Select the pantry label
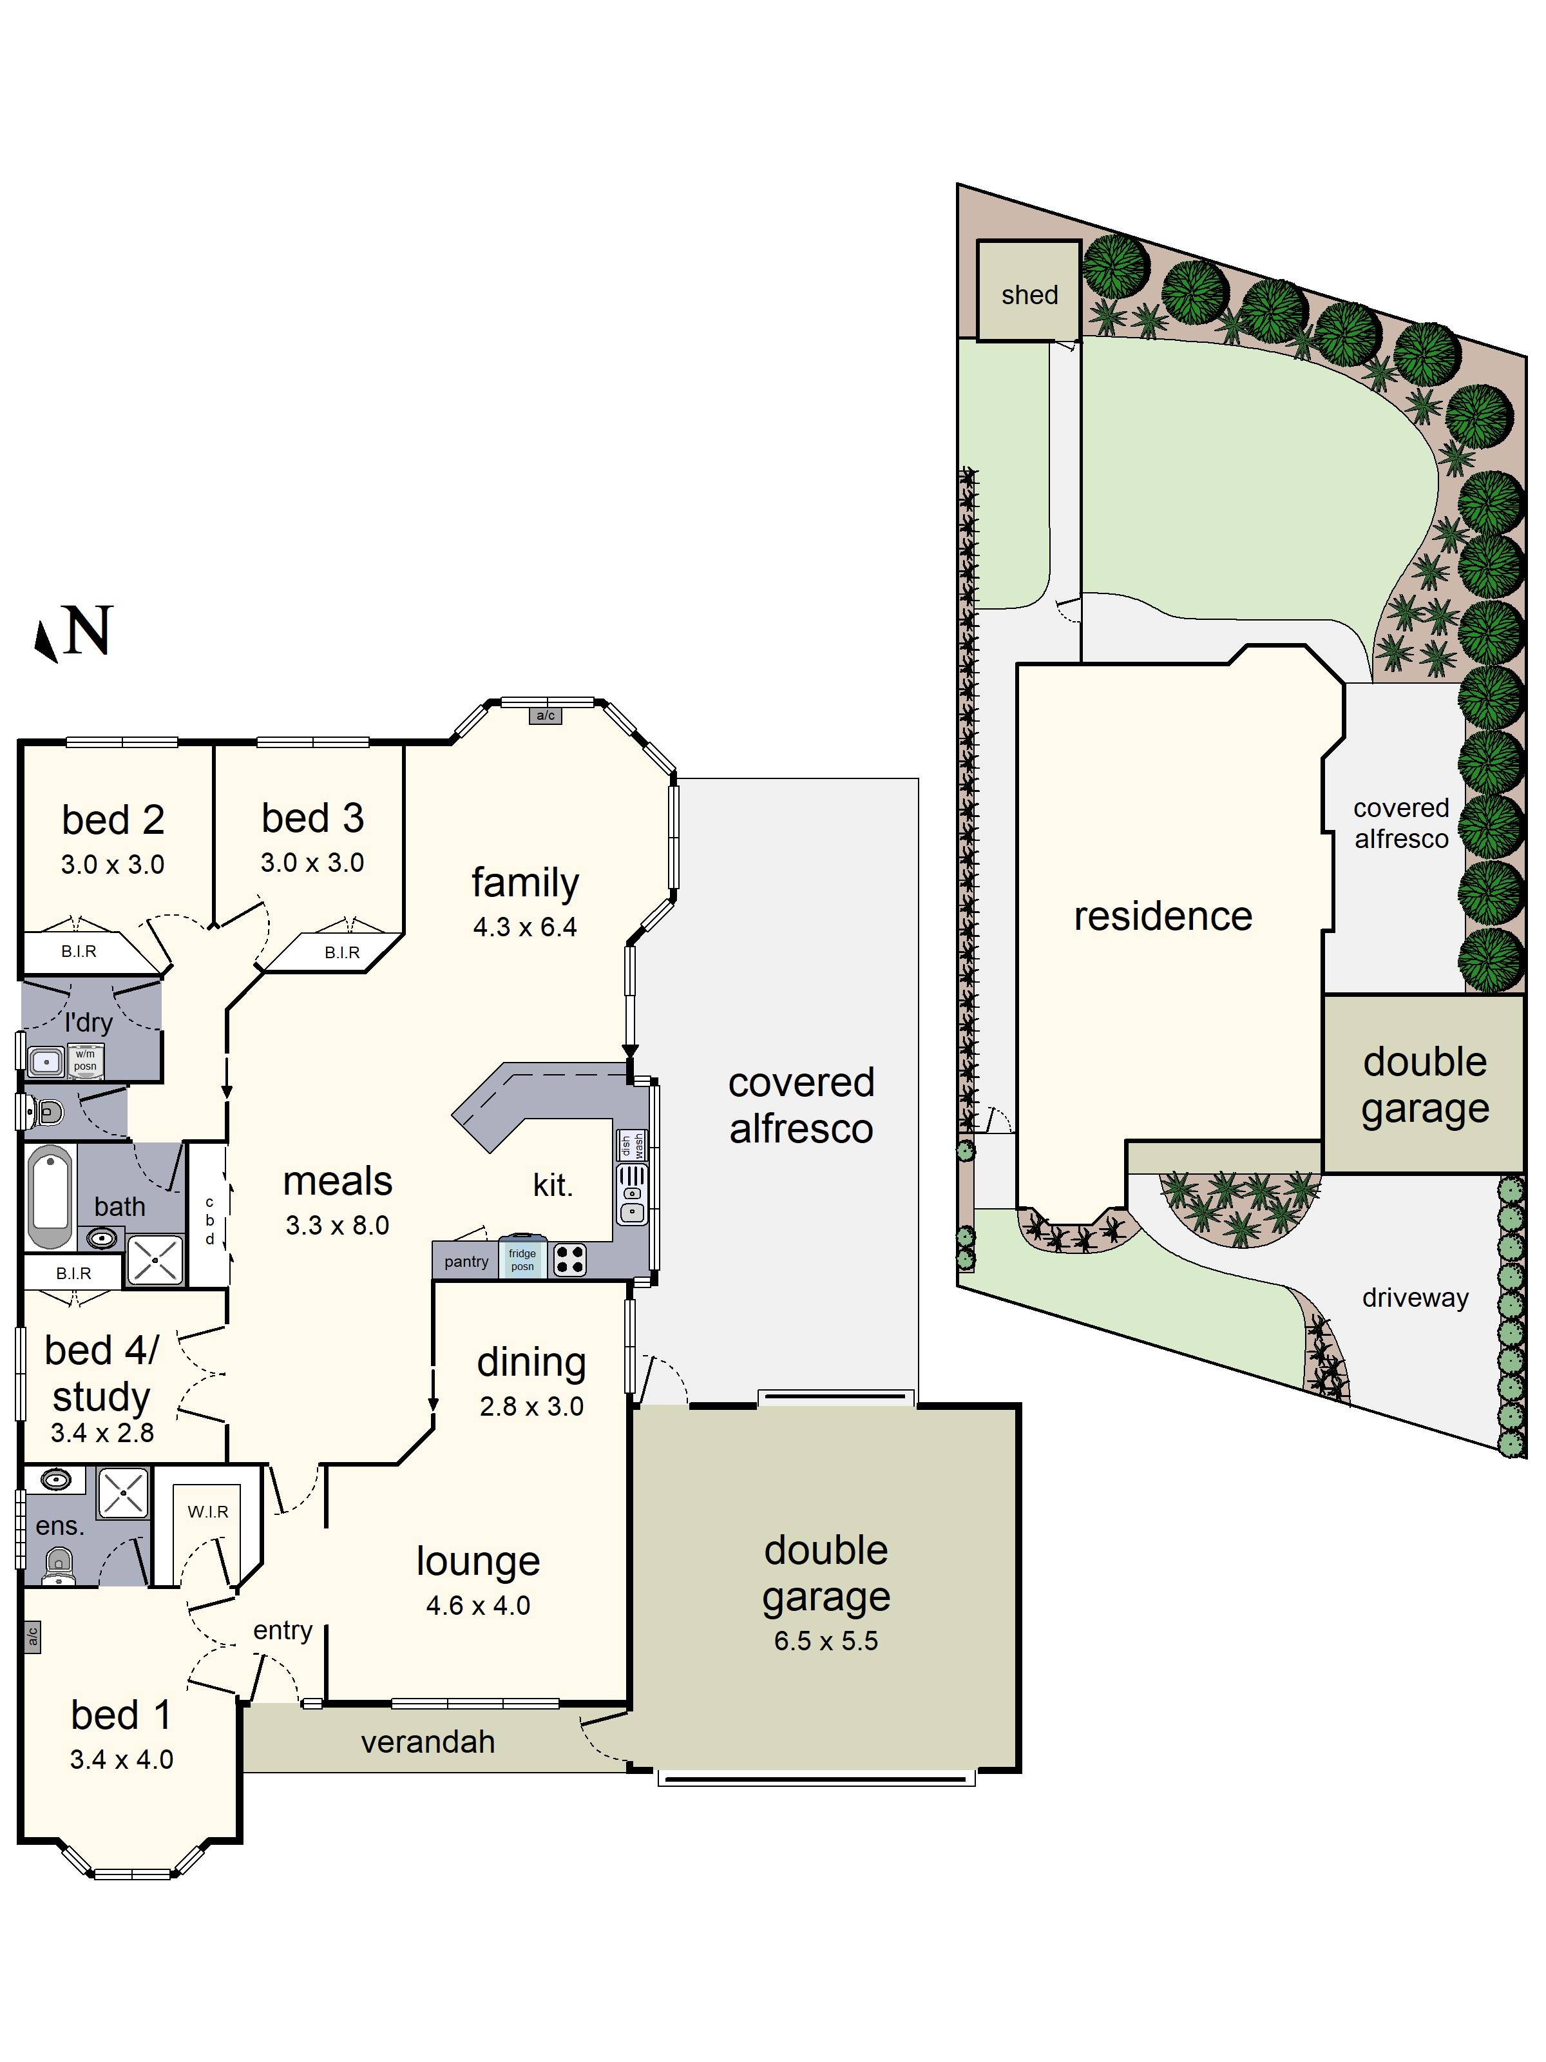pyautogui.click(x=466, y=1261)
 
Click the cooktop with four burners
pyautogui.click(x=569, y=1259)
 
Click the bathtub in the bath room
pyautogui.click(x=50, y=1197)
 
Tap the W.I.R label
pyautogui.click(x=208, y=1511)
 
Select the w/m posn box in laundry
pyautogui.click(x=85, y=1060)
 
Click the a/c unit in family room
pyautogui.click(x=545, y=716)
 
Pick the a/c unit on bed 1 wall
pyautogui.click(x=32, y=1637)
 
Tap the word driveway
pyautogui.click(x=1415, y=1298)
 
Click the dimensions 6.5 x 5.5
pyautogui.click(x=826, y=1641)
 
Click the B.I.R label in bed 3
pyautogui.click(x=342, y=952)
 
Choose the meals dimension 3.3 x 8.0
pyautogui.click(x=338, y=1225)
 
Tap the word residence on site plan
pyautogui.click(x=1162, y=916)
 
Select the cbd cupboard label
pyautogui.click(x=209, y=1220)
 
